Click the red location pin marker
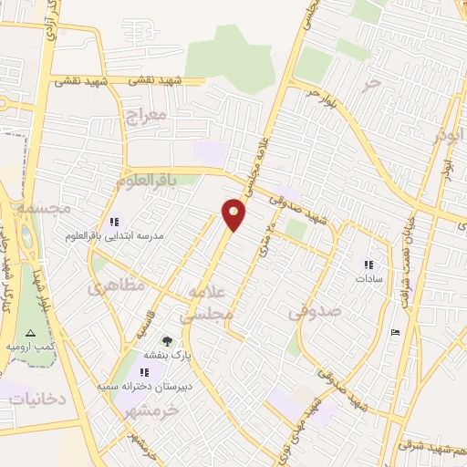pyautogui.click(x=234, y=214)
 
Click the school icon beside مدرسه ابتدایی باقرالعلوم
pyautogui.click(x=114, y=222)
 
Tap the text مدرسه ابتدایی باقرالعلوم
pyautogui.click(x=114, y=236)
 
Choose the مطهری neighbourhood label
pyautogui.click(x=117, y=287)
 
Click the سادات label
pyautogui.click(x=368, y=277)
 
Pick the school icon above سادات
pyautogui.click(x=368, y=265)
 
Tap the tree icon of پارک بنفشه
pyautogui.click(x=165, y=340)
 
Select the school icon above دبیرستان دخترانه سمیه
pyautogui.click(x=144, y=372)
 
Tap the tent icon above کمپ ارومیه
pyautogui.click(x=30, y=333)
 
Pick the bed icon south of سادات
pyautogui.click(x=394, y=332)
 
